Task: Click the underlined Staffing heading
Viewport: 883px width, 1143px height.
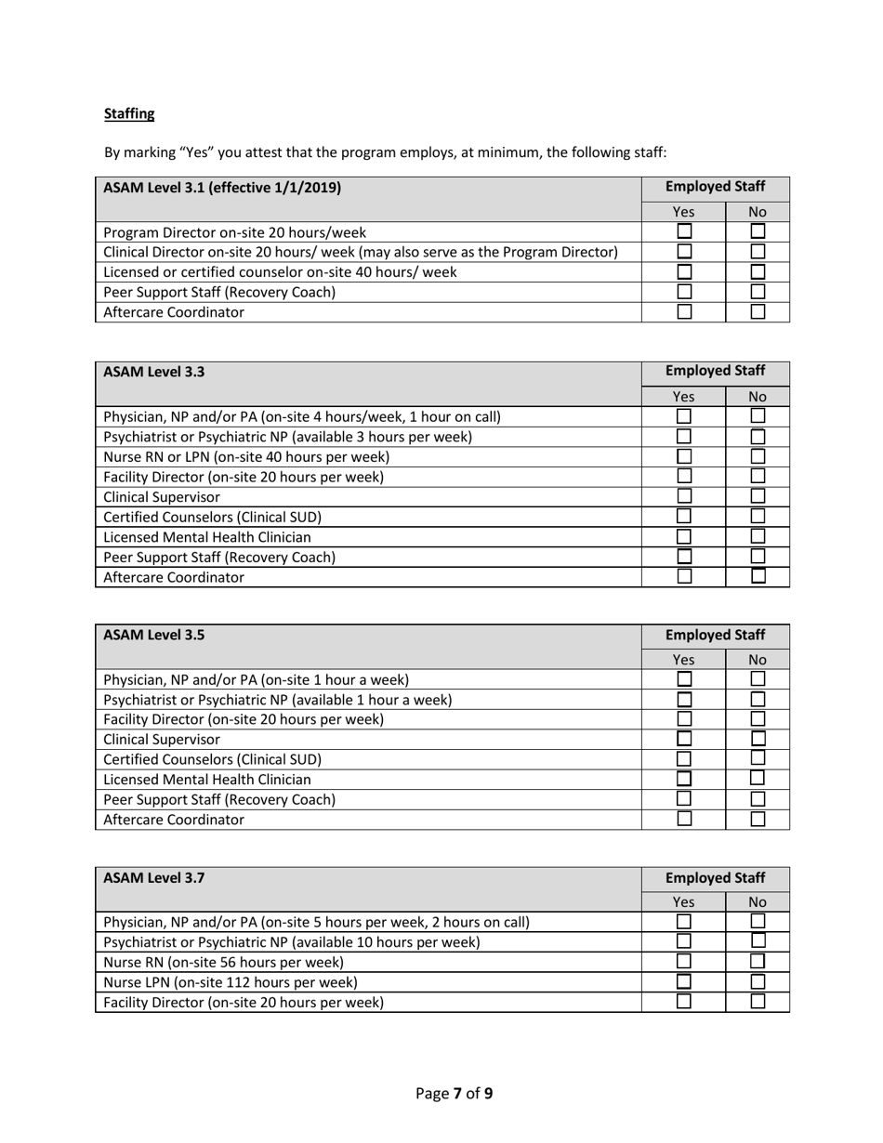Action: (129, 114)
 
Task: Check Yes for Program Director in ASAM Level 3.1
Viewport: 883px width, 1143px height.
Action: (684, 231)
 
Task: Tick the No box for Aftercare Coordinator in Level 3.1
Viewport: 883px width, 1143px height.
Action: (758, 312)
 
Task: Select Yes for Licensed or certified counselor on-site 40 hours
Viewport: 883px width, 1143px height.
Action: (684, 271)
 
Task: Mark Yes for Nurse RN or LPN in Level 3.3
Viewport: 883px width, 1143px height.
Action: (684, 456)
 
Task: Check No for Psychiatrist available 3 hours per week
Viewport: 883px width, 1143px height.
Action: (758, 436)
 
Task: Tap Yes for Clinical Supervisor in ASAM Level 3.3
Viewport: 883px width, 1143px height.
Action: (684, 496)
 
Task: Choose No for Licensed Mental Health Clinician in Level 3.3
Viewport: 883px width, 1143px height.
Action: (758, 536)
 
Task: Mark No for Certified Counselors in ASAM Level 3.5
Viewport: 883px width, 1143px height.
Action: (758, 758)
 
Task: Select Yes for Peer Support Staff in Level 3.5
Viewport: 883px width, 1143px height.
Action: (684, 798)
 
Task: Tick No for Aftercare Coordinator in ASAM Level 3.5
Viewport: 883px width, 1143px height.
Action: (758, 819)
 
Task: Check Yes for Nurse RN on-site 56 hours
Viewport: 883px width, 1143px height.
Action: (684, 961)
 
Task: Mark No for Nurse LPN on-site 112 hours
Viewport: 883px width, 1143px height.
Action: (758, 981)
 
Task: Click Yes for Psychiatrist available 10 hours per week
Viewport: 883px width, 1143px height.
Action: (684, 941)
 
